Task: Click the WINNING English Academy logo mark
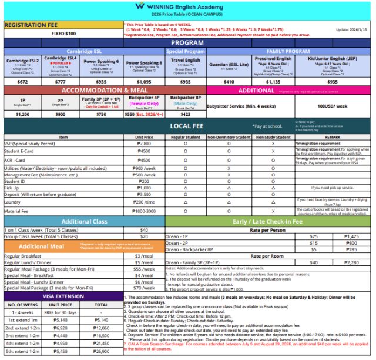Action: (x=139, y=6)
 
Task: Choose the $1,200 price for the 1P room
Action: (x=22, y=114)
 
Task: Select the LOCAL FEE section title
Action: (x=187, y=126)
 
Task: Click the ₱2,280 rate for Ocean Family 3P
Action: (x=351, y=262)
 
